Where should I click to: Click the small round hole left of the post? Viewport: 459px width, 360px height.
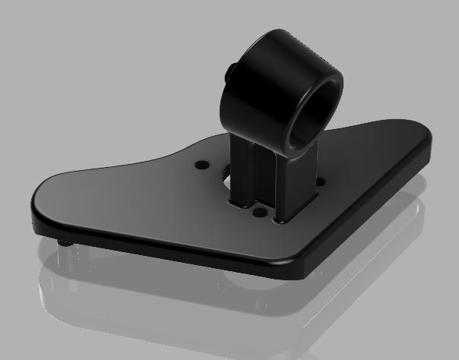201,164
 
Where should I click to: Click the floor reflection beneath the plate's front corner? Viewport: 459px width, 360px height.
296,304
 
